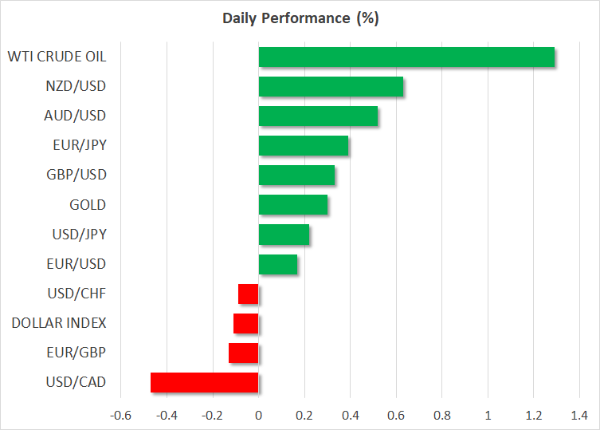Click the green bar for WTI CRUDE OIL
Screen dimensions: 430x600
[x=406, y=57]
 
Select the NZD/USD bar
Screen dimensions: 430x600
[x=331, y=86]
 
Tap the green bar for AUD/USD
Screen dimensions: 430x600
[x=318, y=116]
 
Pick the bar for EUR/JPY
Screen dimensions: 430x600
[x=304, y=145]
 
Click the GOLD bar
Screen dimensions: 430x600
[x=293, y=205]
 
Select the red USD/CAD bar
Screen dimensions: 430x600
[x=205, y=382]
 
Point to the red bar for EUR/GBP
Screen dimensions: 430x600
[x=244, y=353]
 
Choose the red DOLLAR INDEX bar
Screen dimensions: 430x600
[x=246, y=323]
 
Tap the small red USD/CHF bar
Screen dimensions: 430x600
[x=249, y=294]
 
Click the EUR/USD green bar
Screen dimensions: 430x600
[x=278, y=264]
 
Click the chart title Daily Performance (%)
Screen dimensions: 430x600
[x=300, y=17]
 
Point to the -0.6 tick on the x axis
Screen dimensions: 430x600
[x=120, y=415]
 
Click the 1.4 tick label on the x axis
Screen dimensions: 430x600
[x=579, y=415]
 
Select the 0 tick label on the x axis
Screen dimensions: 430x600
[x=258, y=415]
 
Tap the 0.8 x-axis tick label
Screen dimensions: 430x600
[x=441, y=415]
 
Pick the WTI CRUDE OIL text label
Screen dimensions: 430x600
[x=57, y=57]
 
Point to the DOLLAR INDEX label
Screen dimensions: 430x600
[x=59, y=323]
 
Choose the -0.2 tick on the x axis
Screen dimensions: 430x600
[x=212, y=415]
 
